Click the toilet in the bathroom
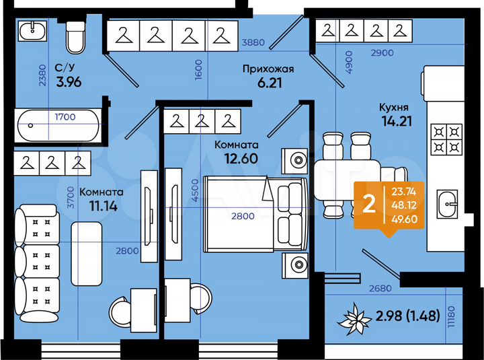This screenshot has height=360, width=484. [75, 38]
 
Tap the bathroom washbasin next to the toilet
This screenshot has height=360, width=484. [32, 30]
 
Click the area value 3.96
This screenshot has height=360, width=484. [69, 83]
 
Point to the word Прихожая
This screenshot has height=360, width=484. [268, 69]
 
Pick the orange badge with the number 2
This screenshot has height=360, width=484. [369, 205]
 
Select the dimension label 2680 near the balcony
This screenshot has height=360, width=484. [380, 289]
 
